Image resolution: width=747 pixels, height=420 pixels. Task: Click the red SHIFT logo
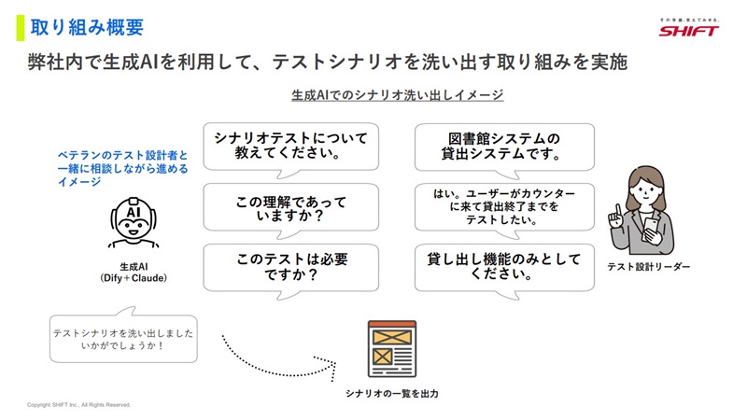coord(688,31)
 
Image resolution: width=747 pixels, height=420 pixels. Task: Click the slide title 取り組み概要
coord(87,28)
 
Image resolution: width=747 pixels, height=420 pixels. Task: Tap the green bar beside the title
coord(20,28)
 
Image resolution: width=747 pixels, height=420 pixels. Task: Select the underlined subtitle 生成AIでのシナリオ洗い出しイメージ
coord(398,95)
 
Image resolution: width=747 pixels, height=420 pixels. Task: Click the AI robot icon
coord(134,222)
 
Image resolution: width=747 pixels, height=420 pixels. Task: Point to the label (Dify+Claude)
coord(134,278)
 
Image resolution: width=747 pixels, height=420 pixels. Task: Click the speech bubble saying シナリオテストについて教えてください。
coord(291,147)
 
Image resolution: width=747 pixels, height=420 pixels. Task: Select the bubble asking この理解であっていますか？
coord(291,207)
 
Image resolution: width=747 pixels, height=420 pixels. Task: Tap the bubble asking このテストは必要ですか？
coord(291,268)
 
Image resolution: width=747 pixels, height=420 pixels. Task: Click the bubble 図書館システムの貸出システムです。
coord(504,147)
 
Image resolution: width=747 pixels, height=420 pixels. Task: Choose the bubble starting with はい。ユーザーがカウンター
coord(504,207)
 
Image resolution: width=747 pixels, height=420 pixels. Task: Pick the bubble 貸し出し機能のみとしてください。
coord(504,268)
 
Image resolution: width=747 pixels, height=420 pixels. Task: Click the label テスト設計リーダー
coord(648,267)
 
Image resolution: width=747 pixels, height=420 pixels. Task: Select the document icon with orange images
coord(391,349)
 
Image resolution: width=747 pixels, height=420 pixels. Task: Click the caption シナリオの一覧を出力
coord(391,394)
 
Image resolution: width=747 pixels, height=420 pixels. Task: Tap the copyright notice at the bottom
coord(78,405)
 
